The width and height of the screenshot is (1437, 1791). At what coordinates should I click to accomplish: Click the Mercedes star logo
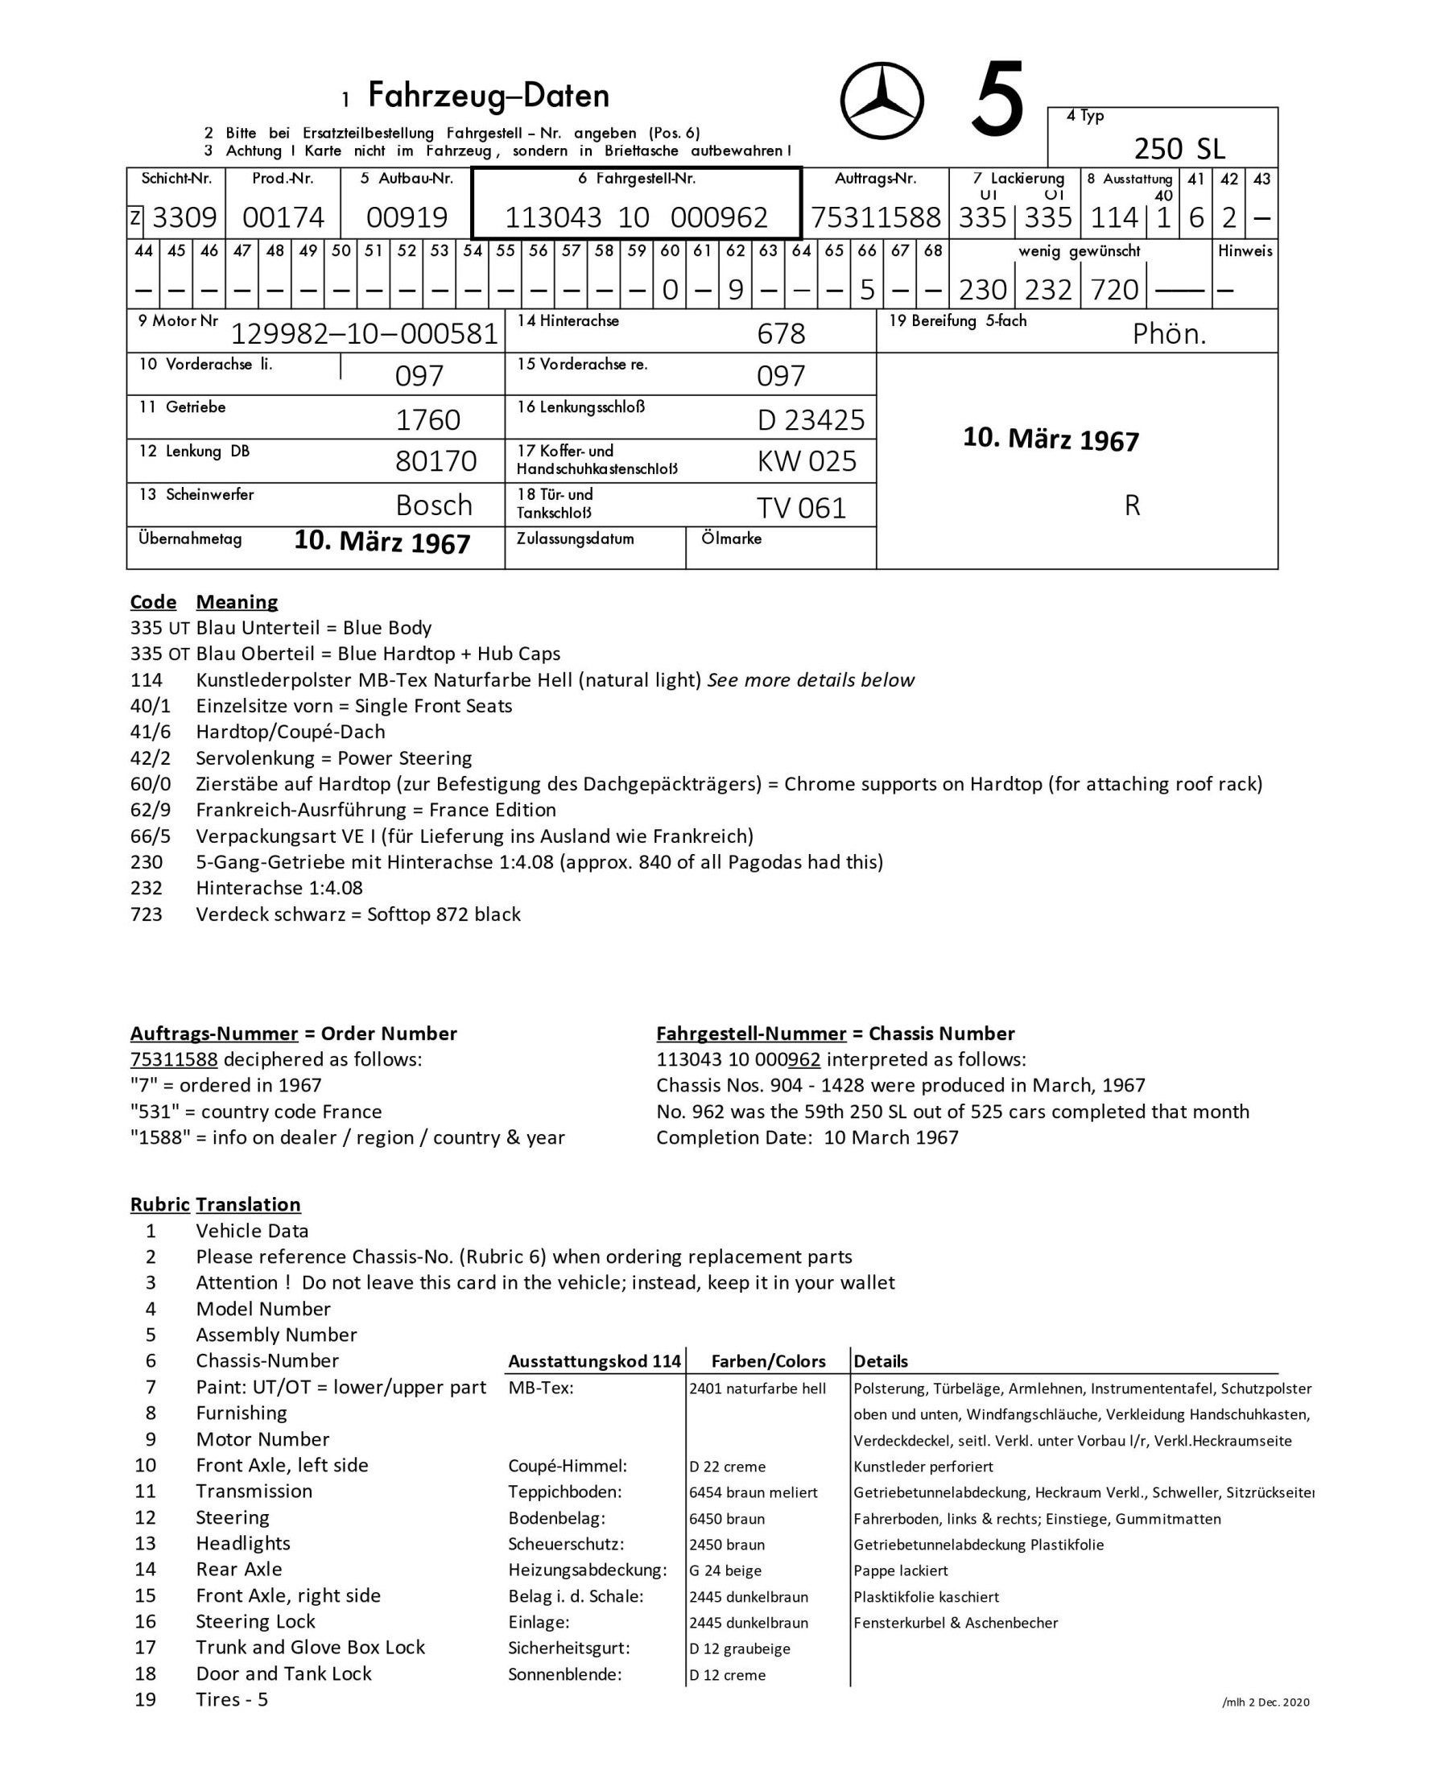pyautogui.click(x=882, y=101)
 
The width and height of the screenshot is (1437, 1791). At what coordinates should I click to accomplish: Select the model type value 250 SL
pyautogui.click(x=1179, y=149)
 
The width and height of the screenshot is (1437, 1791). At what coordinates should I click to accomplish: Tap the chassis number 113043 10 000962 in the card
pyautogui.click(x=636, y=217)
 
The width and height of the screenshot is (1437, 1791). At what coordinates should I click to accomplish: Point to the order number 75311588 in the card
pyautogui.click(x=876, y=217)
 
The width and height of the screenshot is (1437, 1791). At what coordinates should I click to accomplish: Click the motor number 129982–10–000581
pyautogui.click(x=364, y=334)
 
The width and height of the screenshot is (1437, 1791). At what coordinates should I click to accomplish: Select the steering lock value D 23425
pyautogui.click(x=811, y=420)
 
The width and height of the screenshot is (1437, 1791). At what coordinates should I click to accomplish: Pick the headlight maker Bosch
pyautogui.click(x=434, y=505)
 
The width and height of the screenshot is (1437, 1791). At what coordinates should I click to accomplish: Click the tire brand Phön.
pyautogui.click(x=1169, y=334)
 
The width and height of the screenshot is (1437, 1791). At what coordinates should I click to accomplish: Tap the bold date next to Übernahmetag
pyautogui.click(x=382, y=542)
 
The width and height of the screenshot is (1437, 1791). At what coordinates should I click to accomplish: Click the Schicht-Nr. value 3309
pyautogui.click(x=184, y=217)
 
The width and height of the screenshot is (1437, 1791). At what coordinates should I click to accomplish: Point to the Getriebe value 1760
pyautogui.click(x=427, y=420)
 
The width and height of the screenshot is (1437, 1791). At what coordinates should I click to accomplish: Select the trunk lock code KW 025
pyautogui.click(x=807, y=461)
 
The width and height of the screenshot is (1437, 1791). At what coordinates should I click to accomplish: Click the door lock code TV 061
pyautogui.click(x=801, y=508)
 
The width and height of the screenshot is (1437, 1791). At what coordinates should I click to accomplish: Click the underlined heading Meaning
pyautogui.click(x=237, y=601)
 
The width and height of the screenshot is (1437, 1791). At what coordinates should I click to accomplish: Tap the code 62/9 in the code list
pyautogui.click(x=151, y=810)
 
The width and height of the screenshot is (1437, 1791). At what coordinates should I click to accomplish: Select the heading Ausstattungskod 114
pyautogui.click(x=594, y=1360)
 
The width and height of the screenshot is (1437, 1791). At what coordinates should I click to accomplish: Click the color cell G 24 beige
pyautogui.click(x=725, y=1570)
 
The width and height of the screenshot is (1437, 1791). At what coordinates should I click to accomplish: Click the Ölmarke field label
pyautogui.click(x=731, y=539)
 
